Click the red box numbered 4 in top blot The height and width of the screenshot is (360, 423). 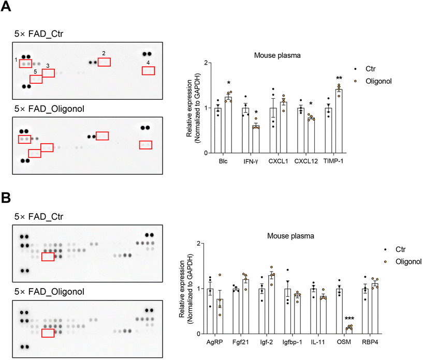[148, 71]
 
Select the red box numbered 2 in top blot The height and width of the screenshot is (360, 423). [104, 62]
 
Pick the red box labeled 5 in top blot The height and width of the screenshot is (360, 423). [36, 79]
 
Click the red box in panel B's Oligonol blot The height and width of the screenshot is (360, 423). [48, 333]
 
